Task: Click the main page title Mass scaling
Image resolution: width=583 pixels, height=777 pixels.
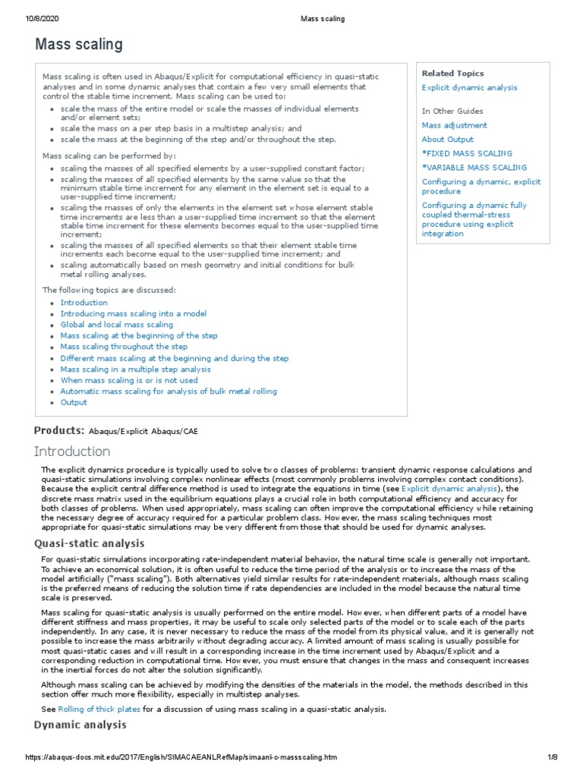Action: [x=78, y=45]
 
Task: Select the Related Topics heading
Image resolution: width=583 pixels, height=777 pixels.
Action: [x=452, y=74]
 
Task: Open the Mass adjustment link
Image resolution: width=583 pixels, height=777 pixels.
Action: [x=454, y=125]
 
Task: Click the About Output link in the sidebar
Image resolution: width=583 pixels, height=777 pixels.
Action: [x=447, y=140]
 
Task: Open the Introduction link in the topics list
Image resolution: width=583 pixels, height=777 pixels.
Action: [x=84, y=303]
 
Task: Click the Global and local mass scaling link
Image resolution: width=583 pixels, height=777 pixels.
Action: [x=117, y=325]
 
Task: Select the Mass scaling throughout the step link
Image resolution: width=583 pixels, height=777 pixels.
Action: [x=124, y=347]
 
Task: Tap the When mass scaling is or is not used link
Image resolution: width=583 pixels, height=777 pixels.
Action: [x=129, y=380]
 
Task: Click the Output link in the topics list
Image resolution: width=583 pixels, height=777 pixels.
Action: [x=74, y=402]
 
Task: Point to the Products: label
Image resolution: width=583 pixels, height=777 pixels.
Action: [x=59, y=431]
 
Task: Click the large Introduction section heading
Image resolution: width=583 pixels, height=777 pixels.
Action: [x=83, y=452]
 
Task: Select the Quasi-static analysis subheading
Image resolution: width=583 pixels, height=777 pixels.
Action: [x=90, y=543]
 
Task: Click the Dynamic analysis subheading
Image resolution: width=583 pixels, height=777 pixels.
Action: [x=80, y=725]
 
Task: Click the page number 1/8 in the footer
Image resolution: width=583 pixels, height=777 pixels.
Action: [x=553, y=757]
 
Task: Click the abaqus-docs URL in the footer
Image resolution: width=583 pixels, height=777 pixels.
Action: [x=181, y=757]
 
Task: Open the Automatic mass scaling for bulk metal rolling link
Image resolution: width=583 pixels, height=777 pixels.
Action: [x=169, y=392]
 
